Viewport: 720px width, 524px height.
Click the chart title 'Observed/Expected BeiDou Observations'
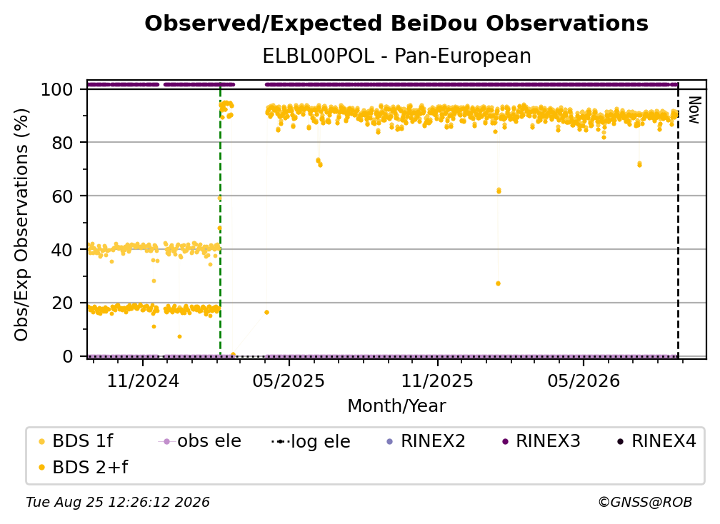click(x=396, y=24)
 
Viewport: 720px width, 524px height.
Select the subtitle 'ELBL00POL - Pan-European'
click(x=396, y=56)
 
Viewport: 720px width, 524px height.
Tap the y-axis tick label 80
click(x=62, y=143)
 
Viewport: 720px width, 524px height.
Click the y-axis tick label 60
click(x=62, y=196)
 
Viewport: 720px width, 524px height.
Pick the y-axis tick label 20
click(x=62, y=303)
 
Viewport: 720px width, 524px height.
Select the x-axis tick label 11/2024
click(x=143, y=381)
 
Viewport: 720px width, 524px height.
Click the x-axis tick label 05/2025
click(x=289, y=381)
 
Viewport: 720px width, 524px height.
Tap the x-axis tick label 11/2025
click(x=437, y=381)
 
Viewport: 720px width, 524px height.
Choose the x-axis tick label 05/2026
click(x=584, y=381)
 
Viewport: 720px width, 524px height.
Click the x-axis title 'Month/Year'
click(x=396, y=405)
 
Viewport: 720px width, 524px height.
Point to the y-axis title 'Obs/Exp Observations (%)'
click(x=21, y=224)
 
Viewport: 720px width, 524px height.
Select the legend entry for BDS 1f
click(x=76, y=441)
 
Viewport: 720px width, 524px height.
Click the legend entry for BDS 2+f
click(x=83, y=467)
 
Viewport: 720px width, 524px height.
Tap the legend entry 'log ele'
click(x=311, y=441)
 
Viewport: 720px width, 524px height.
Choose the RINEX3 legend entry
click(x=541, y=441)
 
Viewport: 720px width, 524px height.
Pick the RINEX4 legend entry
click(x=656, y=441)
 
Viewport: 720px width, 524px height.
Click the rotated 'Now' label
click(x=694, y=110)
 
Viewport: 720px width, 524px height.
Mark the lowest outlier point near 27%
click(x=499, y=283)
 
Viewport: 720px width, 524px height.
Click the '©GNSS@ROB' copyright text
click(x=645, y=503)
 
